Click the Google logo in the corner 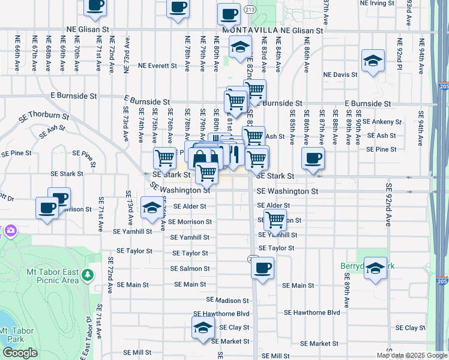(x=20, y=353)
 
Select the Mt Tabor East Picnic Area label (x=53, y=275)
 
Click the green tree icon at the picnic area (x=88, y=275)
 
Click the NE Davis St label (x=340, y=75)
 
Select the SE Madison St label (x=228, y=300)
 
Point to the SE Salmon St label (x=191, y=269)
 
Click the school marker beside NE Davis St (x=373, y=61)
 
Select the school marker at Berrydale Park (x=376, y=268)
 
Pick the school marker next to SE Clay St (x=203, y=328)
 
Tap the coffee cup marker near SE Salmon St (x=262, y=268)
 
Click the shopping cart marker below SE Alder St (x=275, y=220)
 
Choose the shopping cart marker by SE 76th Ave (x=164, y=158)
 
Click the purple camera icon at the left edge (x=10, y=230)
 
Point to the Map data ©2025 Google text (x=411, y=355)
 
